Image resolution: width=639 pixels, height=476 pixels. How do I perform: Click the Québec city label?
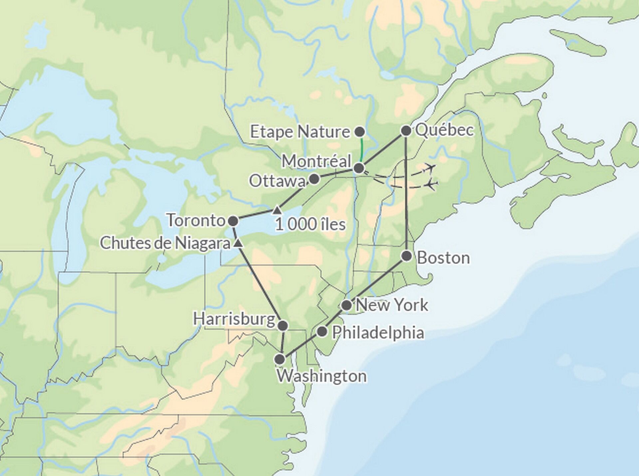(x=444, y=130)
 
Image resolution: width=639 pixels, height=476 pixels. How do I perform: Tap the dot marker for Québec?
(x=406, y=131)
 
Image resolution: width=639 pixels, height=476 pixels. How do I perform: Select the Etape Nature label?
(x=300, y=132)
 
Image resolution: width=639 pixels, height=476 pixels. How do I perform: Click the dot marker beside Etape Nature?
(x=359, y=132)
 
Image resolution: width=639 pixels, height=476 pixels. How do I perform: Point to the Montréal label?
(x=317, y=162)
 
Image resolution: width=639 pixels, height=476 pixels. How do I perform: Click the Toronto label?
(x=196, y=221)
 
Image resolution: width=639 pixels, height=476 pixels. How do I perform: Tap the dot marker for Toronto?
(x=233, y=221)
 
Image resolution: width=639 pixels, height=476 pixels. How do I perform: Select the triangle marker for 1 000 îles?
(x=277, y=210)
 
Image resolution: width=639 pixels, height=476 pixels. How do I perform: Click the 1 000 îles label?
(x=310, y=225)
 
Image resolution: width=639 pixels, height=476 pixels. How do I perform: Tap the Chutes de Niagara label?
(x=165, y=243)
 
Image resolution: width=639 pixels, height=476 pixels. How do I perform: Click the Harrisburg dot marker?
(x=283, y=326)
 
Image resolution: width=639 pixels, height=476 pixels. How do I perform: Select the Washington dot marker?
(x=280, y=359)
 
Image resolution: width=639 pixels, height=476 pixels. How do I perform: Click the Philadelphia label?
(x=378, y=333)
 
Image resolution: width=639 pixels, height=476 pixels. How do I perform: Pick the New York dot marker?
(x=346, y=305)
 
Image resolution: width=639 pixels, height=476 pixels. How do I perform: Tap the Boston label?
(x=443, y=258)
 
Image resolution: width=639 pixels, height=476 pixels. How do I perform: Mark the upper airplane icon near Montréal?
(x=431, y=167)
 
